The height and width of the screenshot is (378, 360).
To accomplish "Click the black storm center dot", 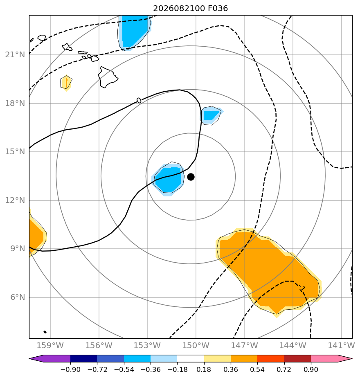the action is coord(191,177).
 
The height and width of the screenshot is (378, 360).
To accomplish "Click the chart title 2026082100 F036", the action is coord(191,9).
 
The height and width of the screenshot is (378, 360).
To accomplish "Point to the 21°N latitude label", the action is coord(15,55).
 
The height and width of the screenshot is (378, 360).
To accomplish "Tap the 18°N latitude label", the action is coord(15,103).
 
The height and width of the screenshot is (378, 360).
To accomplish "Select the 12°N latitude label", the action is coord(15,200).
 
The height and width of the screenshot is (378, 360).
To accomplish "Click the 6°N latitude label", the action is coord(18,297).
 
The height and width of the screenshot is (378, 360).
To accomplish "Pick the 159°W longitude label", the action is coord(50,345).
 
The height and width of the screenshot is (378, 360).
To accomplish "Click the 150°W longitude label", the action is coord(196,345).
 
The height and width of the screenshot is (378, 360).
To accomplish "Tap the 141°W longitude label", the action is coord(341,345).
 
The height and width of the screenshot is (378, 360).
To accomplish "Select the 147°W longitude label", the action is coord(244,345).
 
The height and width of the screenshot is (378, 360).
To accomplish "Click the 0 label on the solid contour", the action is coord(139,100).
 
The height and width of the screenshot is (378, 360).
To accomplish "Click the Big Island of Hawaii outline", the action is coord(108,77).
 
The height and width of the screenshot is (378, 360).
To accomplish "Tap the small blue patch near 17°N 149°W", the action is coord(211,115).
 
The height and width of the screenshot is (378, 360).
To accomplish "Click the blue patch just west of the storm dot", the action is coord(168,179).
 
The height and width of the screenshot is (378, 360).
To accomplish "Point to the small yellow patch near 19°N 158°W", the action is coord(66,83).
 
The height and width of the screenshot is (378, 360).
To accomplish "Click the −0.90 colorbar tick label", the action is coord(70,369).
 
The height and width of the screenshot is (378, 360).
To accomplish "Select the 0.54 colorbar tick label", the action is coord(257,369).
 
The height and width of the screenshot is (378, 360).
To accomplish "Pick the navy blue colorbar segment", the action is coord(84,358).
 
